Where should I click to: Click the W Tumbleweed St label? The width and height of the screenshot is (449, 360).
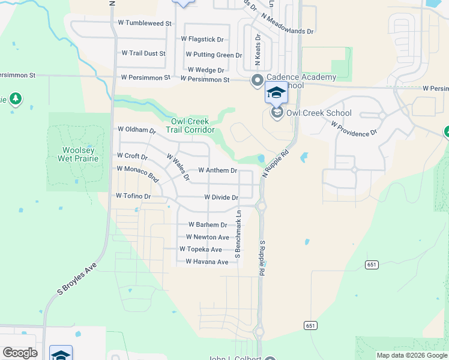pos(145,23)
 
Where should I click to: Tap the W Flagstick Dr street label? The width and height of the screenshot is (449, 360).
pos(202,39)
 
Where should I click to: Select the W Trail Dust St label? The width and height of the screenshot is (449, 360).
pos(143,53)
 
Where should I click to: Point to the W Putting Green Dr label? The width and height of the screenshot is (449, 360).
pos(214,55)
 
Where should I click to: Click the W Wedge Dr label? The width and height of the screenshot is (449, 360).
pos(205,70)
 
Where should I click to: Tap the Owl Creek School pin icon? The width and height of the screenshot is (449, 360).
pos(277,112)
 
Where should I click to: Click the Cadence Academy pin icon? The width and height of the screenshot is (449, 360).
pos(258,79)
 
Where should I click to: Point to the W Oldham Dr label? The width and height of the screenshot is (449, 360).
pos(136,130)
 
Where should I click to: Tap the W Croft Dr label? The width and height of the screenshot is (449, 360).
pos(132,157)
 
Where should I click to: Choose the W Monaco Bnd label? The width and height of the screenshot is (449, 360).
pos(137,174)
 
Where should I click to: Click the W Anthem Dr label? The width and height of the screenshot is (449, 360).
pos(217,170)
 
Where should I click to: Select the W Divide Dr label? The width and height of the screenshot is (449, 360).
pos(221,197)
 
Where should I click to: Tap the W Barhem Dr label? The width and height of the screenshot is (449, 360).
pos(206,225)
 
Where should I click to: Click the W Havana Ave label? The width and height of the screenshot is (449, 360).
pos(206,262)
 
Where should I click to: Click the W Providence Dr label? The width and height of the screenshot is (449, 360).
pos(354,128)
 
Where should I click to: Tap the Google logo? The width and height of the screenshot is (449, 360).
pos(20,353)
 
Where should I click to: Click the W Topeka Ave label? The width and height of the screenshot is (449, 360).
pos(200,250)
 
